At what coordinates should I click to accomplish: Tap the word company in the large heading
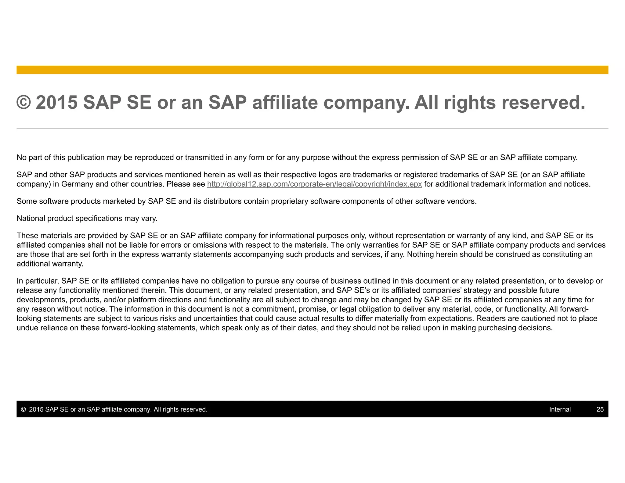[366, 103]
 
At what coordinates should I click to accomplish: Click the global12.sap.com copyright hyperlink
[314, 184]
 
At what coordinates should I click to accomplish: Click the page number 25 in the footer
[600, 409]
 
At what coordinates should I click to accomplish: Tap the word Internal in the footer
[560, 409]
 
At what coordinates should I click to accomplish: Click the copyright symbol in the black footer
[23, 409]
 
